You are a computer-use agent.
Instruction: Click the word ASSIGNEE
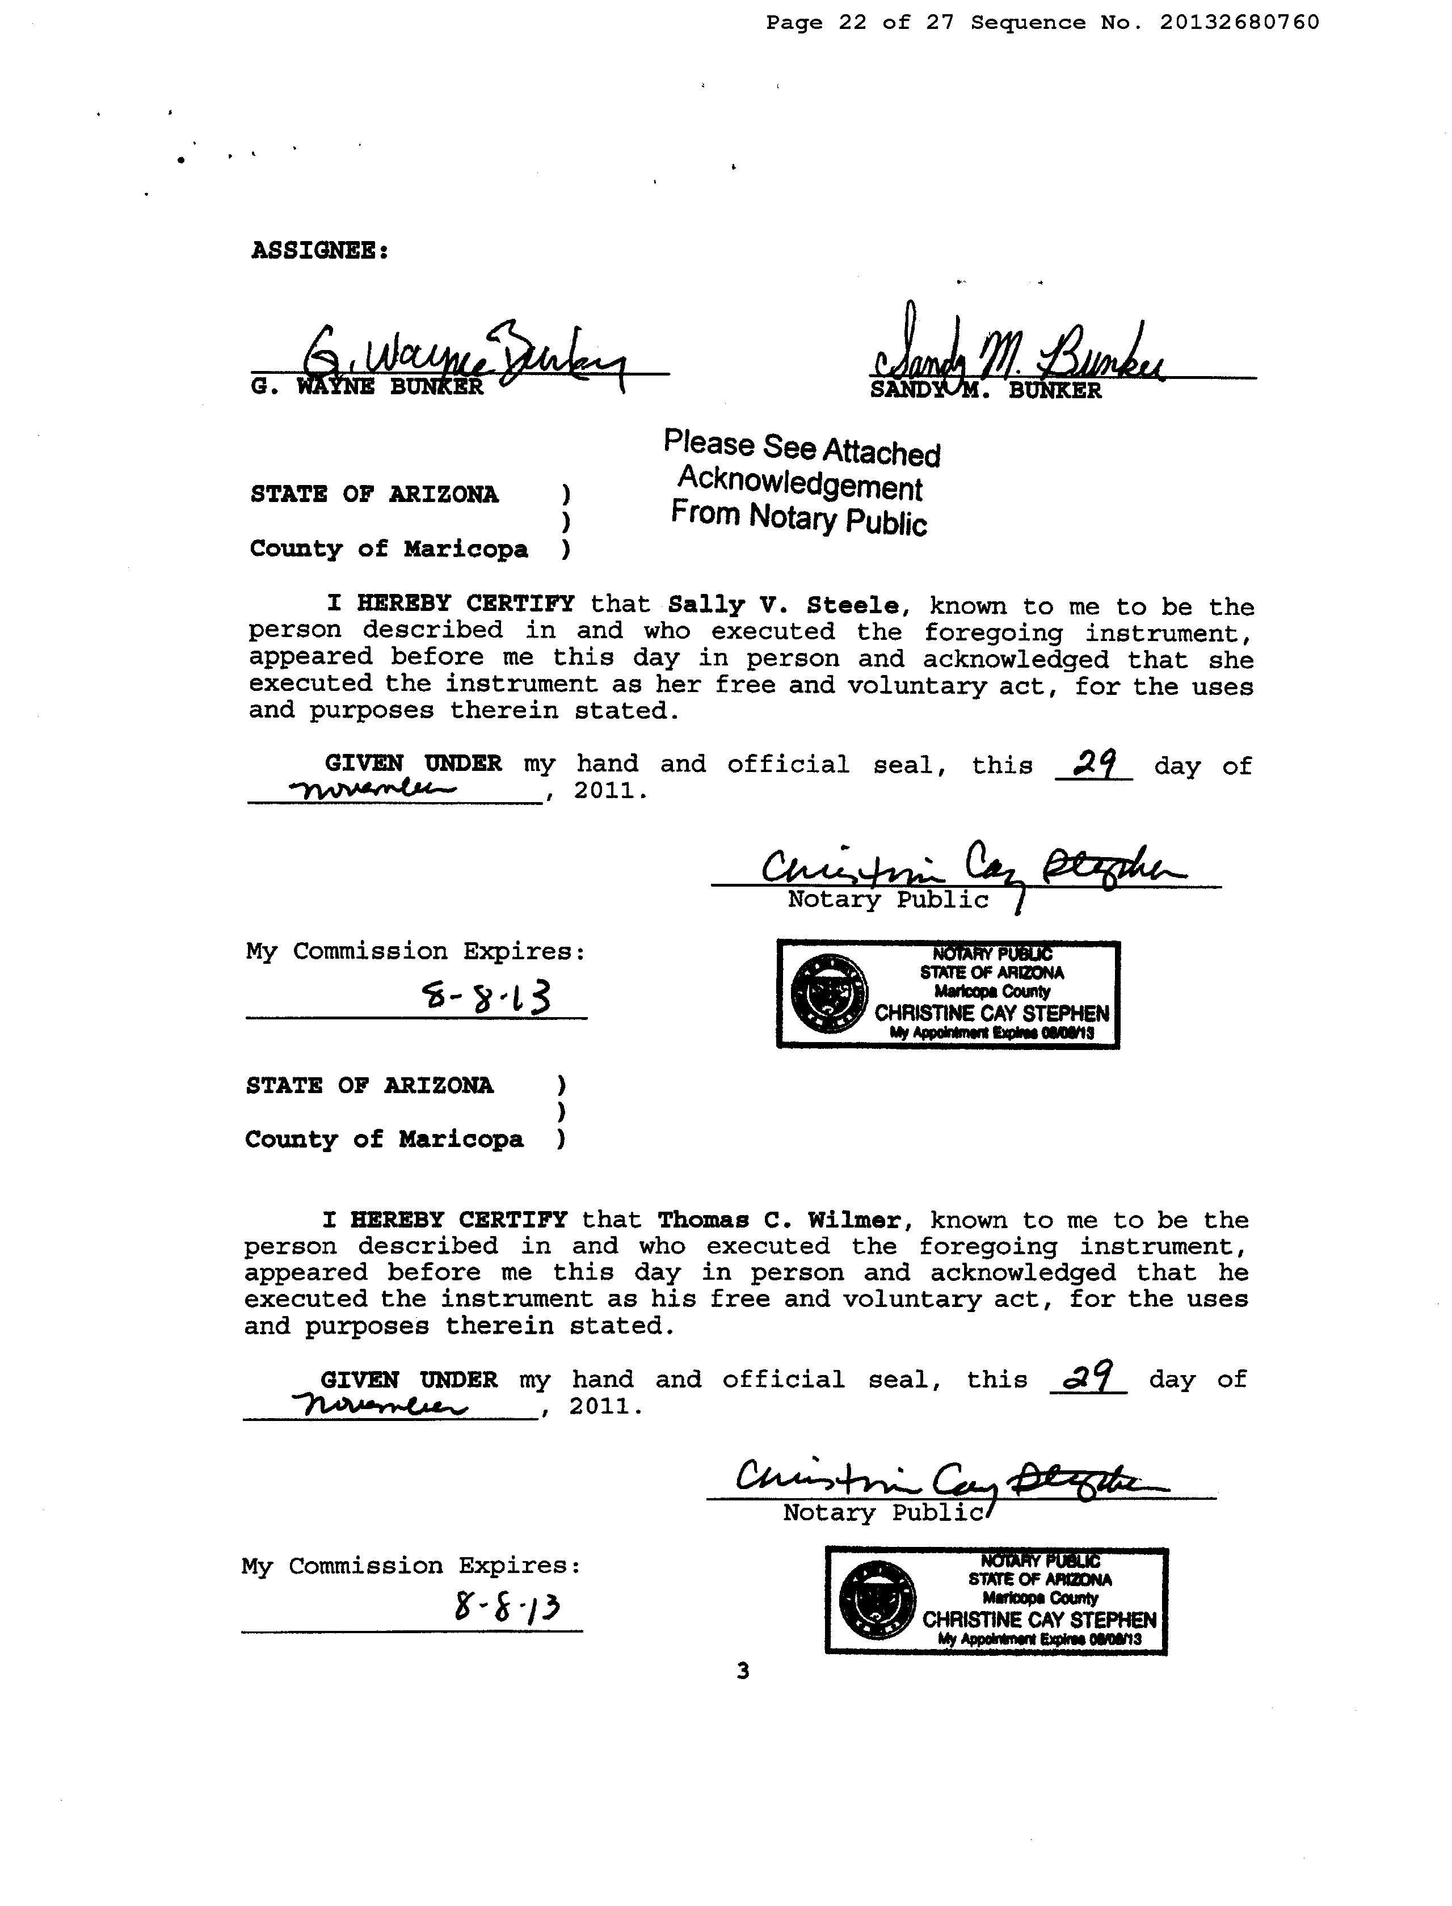coord(319,251)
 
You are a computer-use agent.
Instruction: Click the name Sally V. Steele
coord(783,606)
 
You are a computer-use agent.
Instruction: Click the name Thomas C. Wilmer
coord(778,1220)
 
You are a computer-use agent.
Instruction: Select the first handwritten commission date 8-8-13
coord(485,1000)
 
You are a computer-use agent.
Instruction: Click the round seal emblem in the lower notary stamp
coord(877,1600)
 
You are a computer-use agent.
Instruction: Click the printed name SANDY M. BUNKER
coord(985,390)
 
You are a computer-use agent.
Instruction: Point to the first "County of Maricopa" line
coord(388,550)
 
